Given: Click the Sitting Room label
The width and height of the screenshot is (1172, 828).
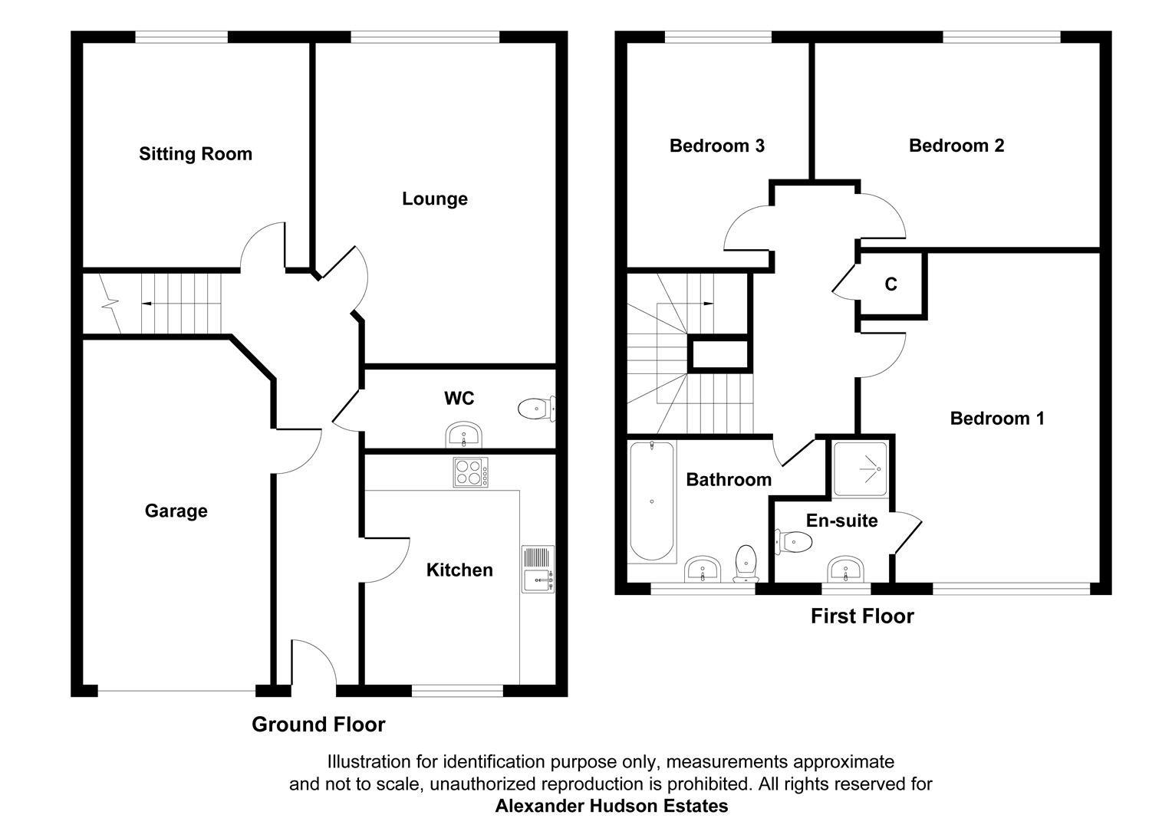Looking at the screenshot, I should coord(196,154).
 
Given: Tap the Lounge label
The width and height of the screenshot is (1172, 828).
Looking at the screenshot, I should coord(434,199).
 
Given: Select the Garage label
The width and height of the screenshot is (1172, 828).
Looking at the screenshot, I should coord(176,511).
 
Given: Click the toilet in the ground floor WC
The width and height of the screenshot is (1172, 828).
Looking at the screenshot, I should coord(535,409).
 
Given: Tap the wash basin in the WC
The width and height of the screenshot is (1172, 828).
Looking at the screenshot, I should coord(463,435).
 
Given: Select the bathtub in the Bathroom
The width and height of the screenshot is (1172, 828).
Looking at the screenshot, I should coord(652,502).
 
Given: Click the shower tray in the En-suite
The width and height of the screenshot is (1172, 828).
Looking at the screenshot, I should coord(861,467).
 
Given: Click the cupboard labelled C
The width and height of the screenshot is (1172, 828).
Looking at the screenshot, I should coord(891,284).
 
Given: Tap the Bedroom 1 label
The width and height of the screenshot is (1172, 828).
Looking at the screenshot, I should coord(996,419).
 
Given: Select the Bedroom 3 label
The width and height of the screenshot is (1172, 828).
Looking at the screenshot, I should coord(716,146).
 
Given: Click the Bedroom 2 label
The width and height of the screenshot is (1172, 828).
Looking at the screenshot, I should coord(956,146).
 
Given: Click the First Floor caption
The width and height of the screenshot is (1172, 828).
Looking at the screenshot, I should coord(862,616).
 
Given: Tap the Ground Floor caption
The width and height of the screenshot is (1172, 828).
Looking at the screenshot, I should coord(318,724).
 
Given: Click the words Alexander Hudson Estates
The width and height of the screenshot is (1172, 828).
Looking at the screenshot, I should coord(611,807).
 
